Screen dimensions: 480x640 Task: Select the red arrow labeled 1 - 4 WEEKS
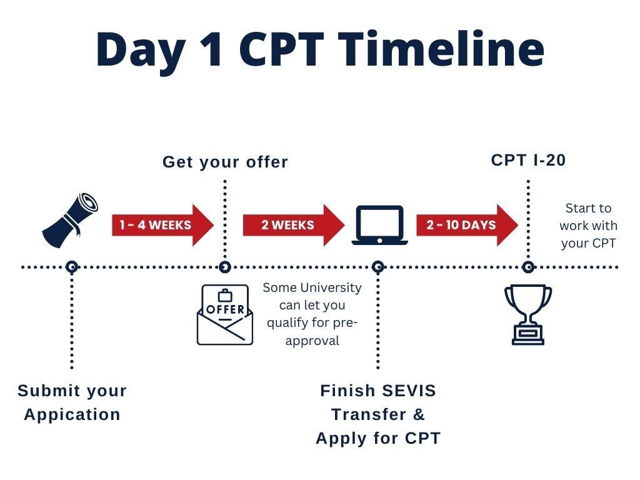coord(162,225)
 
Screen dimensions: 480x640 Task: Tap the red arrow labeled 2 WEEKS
coord(292,225)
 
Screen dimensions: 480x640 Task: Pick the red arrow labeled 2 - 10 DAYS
coord(466,225)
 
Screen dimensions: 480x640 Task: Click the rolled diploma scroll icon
coord(70,220)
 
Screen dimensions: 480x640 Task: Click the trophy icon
coord(528,314)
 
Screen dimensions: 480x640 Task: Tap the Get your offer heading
coord(225,162)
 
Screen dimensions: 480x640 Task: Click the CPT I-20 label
coord(528,160)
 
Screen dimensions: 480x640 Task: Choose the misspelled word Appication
coord(72,414)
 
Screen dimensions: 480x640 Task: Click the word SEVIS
coord(405,391)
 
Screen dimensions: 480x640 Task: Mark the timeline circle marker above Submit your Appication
coord(72,267)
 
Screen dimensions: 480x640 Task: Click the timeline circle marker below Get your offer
coord(225,267)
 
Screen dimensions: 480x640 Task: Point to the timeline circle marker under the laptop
coord(377,267)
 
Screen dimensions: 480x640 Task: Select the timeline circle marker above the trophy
coord(528,267)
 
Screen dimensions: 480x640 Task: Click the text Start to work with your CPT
coord(588,226)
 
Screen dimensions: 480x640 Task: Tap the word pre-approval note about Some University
coord(312,314)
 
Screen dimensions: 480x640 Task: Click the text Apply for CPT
coord(378,438)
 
